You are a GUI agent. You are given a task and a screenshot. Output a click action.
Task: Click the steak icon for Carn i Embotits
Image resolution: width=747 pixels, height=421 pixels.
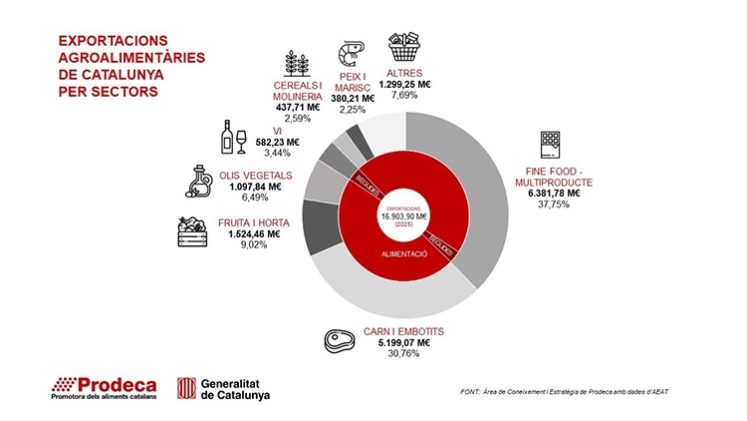341,341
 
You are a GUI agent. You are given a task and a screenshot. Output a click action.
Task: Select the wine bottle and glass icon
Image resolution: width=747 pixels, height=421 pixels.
232,138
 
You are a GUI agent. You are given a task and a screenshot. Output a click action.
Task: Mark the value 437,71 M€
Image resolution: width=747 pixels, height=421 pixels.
298,107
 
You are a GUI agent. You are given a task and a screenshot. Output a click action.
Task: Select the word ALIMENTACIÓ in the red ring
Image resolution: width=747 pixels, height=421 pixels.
404,255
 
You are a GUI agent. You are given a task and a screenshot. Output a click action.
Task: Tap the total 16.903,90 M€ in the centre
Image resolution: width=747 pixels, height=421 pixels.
404,215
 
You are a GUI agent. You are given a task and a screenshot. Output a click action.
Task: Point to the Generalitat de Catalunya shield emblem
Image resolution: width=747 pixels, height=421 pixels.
185,387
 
